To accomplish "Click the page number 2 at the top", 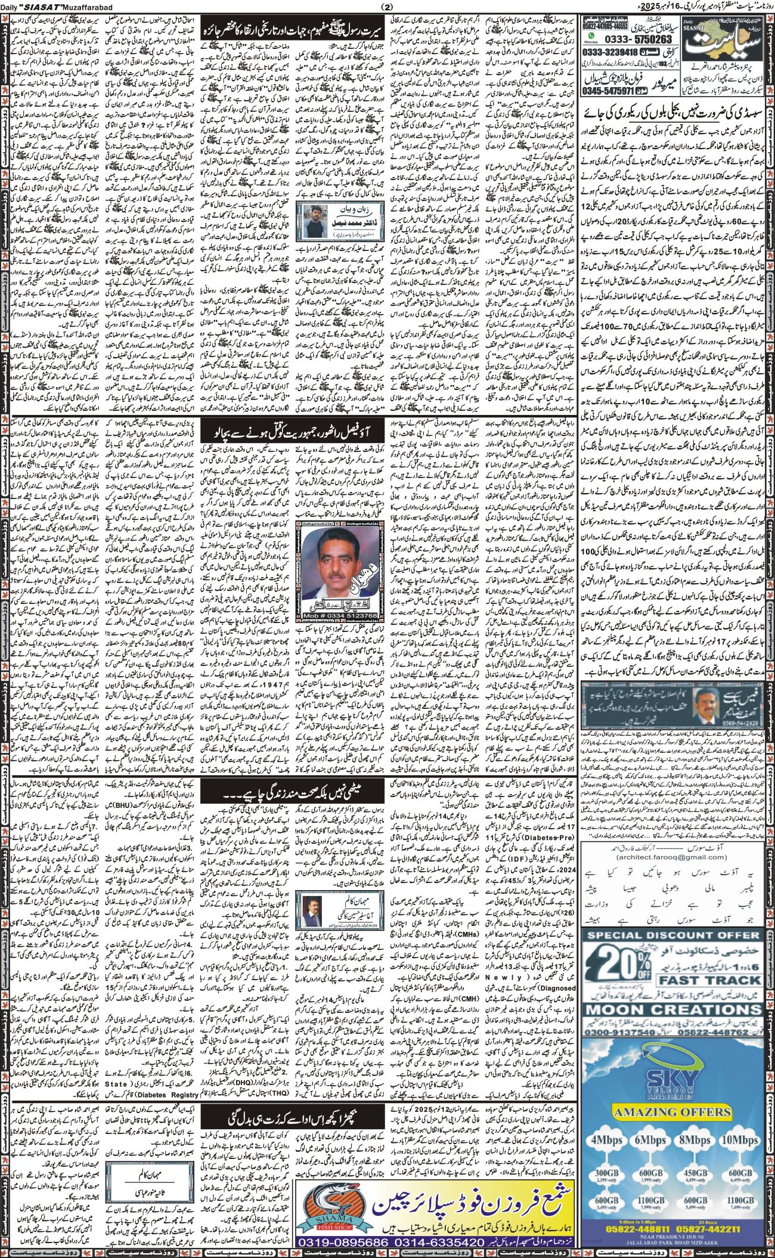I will pos(388,7).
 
